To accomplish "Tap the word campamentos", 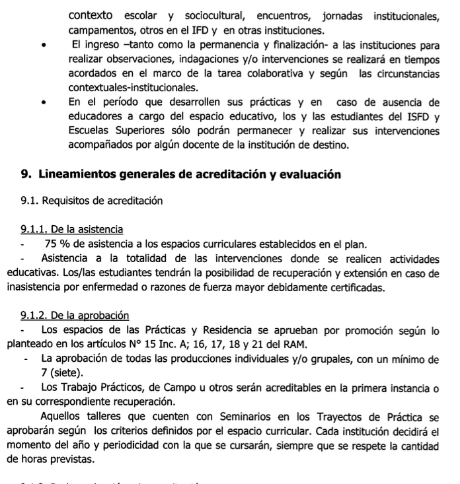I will click(101, 30).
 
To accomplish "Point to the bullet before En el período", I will click(44, 104).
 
